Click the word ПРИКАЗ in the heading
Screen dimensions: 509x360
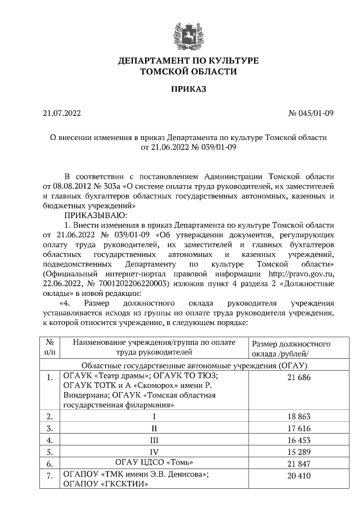(181, 89)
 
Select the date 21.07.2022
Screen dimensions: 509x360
(62, 113)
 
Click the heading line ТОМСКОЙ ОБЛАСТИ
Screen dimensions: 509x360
(181, 71)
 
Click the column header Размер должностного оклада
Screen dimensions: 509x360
(291, 348)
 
